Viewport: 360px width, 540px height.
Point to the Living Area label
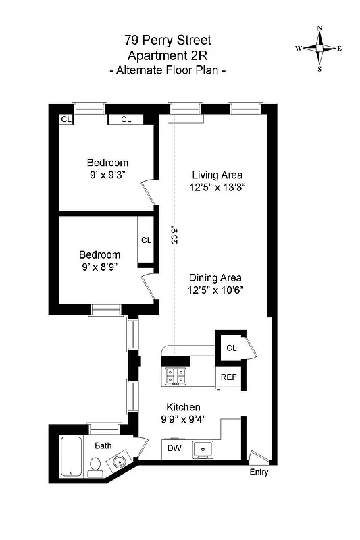click(x=216, y=175)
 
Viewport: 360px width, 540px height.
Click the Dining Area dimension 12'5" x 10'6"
click(x=216, y=290)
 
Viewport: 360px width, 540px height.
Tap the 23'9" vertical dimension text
click(x=175, y=234)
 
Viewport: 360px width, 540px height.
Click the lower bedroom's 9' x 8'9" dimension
click(x=99, y=267)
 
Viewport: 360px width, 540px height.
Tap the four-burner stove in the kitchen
click(x=176, y=376)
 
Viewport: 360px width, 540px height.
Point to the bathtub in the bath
click(x=70, y=458)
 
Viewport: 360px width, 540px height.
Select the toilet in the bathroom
click(x=96, y=466)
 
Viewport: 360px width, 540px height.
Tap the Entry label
click(x=259, y=472)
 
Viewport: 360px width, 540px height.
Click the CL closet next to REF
click(x=231, y=348)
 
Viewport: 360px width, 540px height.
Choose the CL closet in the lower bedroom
click(x=147, y=240)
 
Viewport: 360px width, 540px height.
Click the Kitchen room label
click(x=183, y=407)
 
